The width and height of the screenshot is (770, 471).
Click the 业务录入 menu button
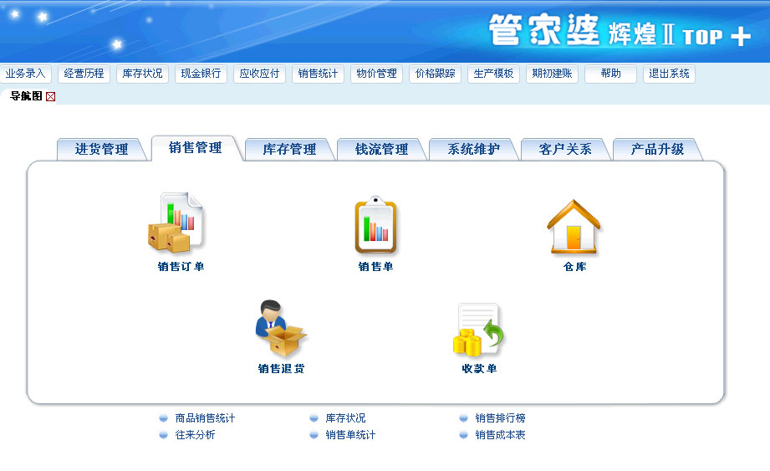pos(26,74)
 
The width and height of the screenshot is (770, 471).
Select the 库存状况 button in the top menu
pos(142,74)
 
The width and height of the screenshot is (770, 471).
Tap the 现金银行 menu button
pos(201,74)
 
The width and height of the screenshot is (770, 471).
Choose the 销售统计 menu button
pos(318,74)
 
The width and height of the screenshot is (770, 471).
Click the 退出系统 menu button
pos(669,74)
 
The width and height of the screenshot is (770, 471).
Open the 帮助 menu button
pos(610,74)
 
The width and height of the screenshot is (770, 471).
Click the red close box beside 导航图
pos(50,97)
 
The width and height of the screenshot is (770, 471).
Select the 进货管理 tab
pos(102,149)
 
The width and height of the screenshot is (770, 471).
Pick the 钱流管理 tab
pos(381,149)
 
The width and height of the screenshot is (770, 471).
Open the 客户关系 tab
pos(565,149)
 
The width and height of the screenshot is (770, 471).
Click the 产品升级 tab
pos(657,149)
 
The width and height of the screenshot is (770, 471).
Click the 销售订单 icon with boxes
pos(176,223)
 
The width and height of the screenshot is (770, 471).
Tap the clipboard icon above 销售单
pos(375,225)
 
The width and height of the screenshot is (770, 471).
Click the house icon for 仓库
pos(574,227)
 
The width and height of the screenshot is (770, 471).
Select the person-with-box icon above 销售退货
pos(281,328)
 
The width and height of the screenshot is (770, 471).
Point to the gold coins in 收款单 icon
pos(467,342)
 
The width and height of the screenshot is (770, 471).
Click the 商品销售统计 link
pos(206,418)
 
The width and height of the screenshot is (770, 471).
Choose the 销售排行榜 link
pos(501,418)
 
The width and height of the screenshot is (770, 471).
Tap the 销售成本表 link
pos(501,435)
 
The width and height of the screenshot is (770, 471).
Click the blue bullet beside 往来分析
pos(164,435)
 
